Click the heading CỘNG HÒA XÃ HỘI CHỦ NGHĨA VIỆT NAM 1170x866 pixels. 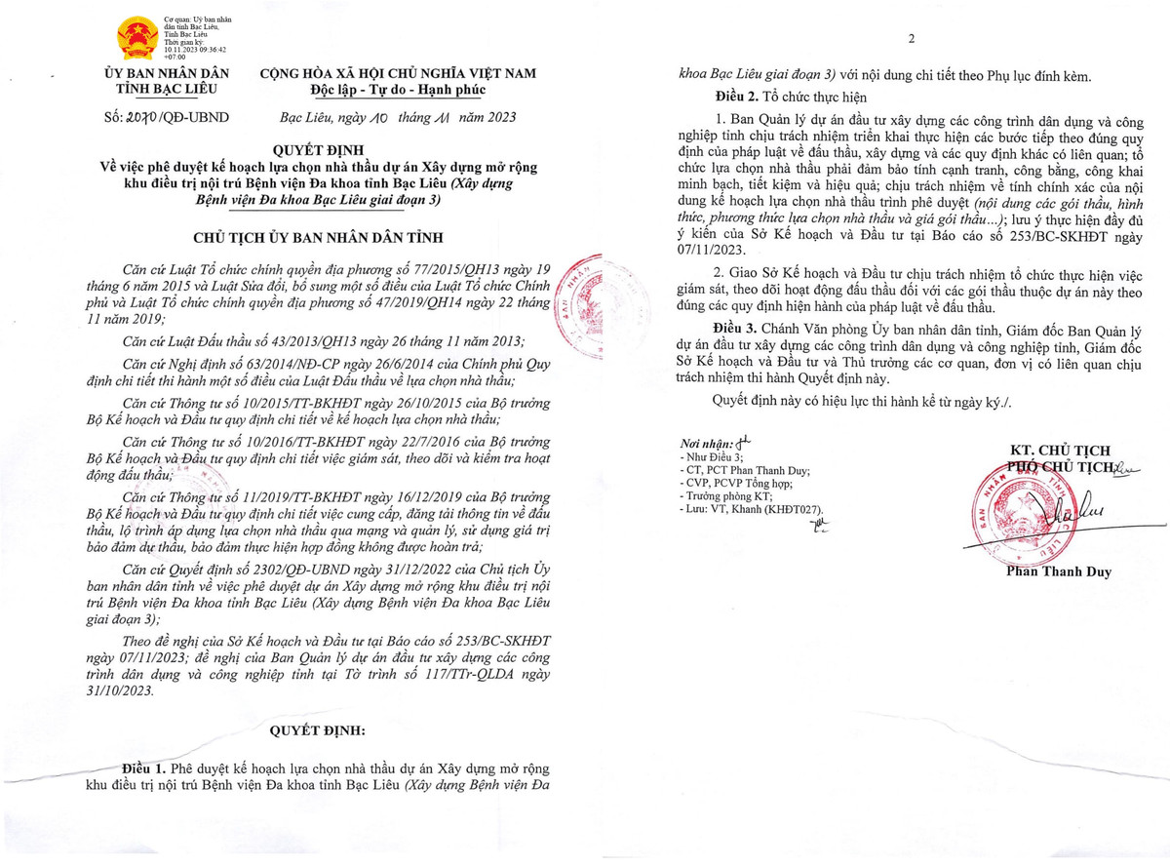tap(397, 74)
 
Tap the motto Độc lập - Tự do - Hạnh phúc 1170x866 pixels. tap(397, 91)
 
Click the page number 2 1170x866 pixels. tap(912, 39)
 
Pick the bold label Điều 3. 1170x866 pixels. tap(735, 331)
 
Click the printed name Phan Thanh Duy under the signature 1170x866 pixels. tap(1058, 571)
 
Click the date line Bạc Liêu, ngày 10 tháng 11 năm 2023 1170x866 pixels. tap(391, 117)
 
